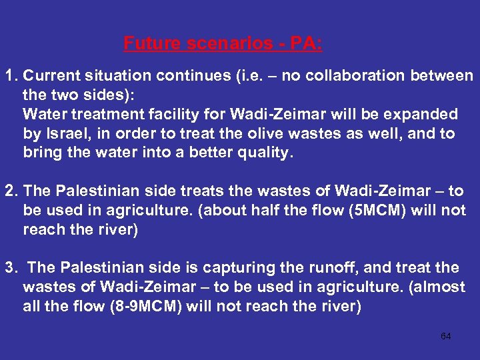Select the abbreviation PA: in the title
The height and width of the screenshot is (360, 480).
[304, 44]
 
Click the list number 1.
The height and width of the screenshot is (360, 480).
[10, 76]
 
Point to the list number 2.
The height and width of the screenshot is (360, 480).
[10, 191]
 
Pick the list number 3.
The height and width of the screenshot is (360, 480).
[10, 268]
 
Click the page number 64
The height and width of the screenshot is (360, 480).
[446, 336]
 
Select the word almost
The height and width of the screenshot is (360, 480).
[440, 287]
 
